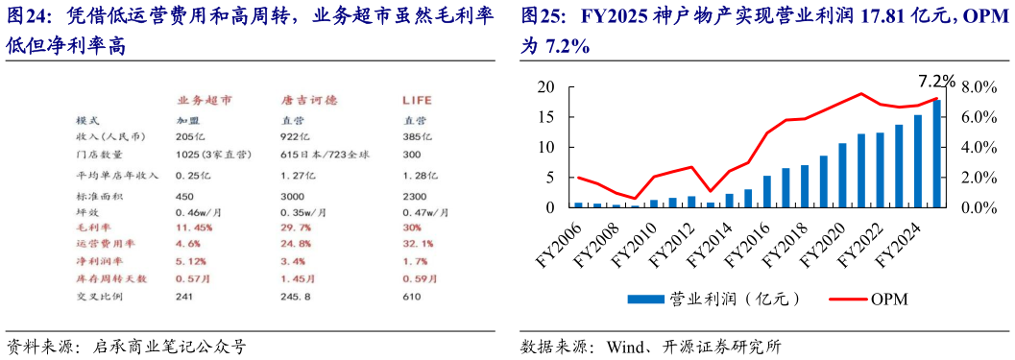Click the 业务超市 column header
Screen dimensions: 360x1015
coord(204,101)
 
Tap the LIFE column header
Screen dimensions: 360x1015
coord(417,101)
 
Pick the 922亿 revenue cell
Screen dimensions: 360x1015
coord(292,137)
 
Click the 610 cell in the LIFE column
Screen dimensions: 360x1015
coord(412,297)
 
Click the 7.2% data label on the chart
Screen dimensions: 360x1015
coord(936,81)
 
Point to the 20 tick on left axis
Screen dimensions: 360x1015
coord(546,87)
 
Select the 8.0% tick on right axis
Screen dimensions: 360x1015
coord(980,87)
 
